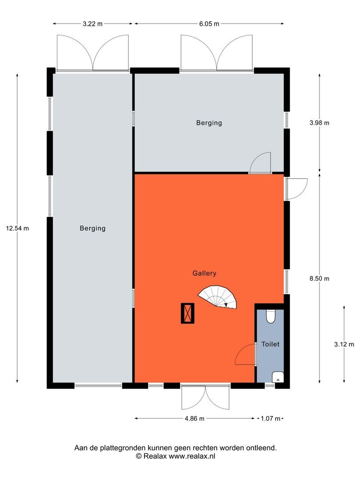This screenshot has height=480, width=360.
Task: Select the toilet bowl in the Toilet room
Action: click(x=271, y=316)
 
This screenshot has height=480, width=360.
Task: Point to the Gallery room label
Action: click(x=204, y=273)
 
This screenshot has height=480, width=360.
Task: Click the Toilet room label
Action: click(x=270, y=344)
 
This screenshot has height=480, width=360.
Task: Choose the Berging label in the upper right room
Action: click(x=209, y=123)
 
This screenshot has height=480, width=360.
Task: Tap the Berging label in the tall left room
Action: click(x=92, y=228)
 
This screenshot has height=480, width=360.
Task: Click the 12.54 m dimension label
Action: click(x=17, y=228)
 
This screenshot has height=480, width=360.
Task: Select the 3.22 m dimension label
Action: click(x=93, y=24)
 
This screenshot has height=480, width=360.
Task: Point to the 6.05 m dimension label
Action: click(x=209, y=24)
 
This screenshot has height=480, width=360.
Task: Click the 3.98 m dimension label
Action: click(x=319, y=123)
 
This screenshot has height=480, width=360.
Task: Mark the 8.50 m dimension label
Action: click(x=319, y=279)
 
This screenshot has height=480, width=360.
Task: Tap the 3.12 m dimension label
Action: click(x=344, y=344)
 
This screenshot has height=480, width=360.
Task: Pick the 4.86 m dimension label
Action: click(x=194, y=418)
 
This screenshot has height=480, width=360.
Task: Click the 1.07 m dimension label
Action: click(x=271, y=418)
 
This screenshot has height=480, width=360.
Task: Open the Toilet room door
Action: click(x=245, y=354)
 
